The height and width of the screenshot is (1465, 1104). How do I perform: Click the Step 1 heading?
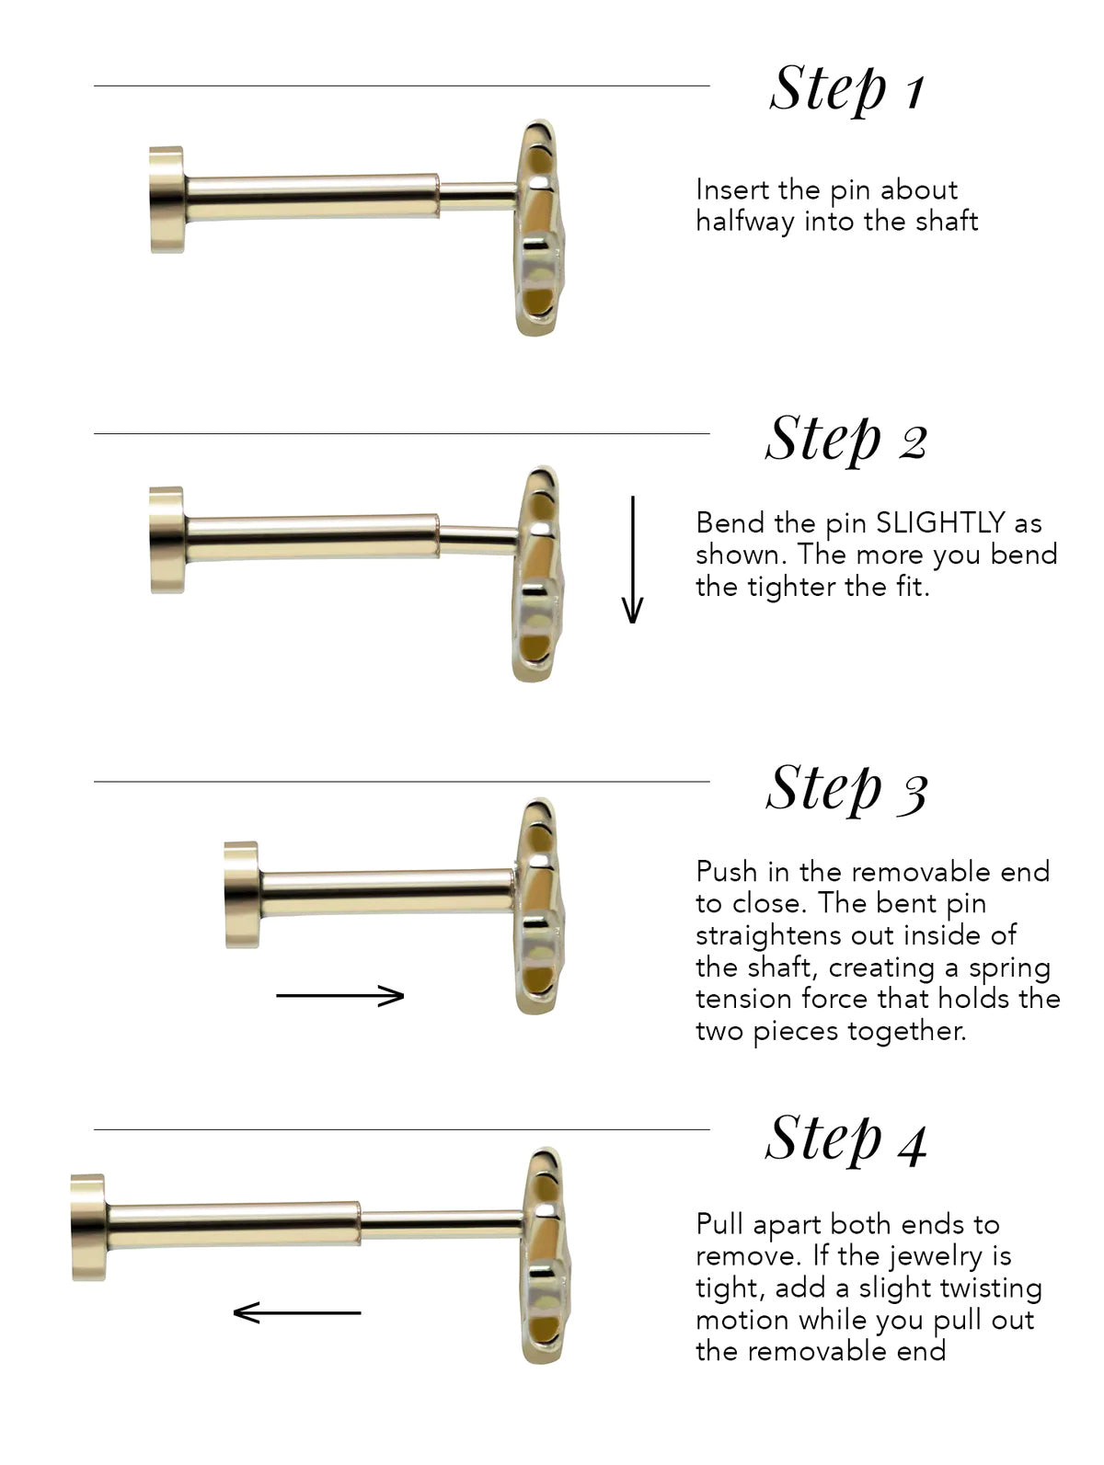pos(846,89)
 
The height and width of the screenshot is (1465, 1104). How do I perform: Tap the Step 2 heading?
pos(846,439)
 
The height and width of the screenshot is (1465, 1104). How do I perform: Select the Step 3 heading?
pos(846,788)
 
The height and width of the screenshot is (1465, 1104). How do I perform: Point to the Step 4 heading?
pos(846,1139)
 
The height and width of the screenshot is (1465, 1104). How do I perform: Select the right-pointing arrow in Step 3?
pos(340,995)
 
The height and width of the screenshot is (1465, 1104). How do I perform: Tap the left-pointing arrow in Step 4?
pos(296,1312)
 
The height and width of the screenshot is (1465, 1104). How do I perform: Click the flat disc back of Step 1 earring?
pos(167,199)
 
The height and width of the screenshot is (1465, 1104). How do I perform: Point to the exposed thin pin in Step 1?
pos(477,194)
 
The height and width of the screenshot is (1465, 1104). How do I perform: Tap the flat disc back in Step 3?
pos(241,894)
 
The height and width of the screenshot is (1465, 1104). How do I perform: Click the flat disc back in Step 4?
pos(88,1227)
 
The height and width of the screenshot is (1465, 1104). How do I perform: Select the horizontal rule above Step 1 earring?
pos(401,86)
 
